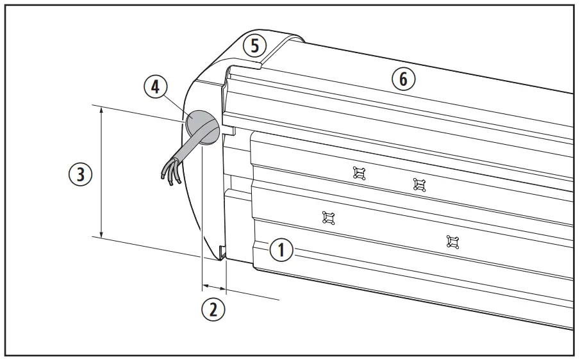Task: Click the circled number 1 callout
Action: point(281,250)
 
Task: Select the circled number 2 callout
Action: point(214,309)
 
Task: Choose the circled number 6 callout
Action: point(403,79)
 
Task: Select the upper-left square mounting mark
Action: point(360,172)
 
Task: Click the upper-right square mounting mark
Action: point(419,184)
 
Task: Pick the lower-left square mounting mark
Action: point(329,218)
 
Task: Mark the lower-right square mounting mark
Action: point(453,241)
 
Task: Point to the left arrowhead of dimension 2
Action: point(204,283)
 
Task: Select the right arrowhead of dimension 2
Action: point(224,286)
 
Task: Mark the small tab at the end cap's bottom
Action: point(221,252)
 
